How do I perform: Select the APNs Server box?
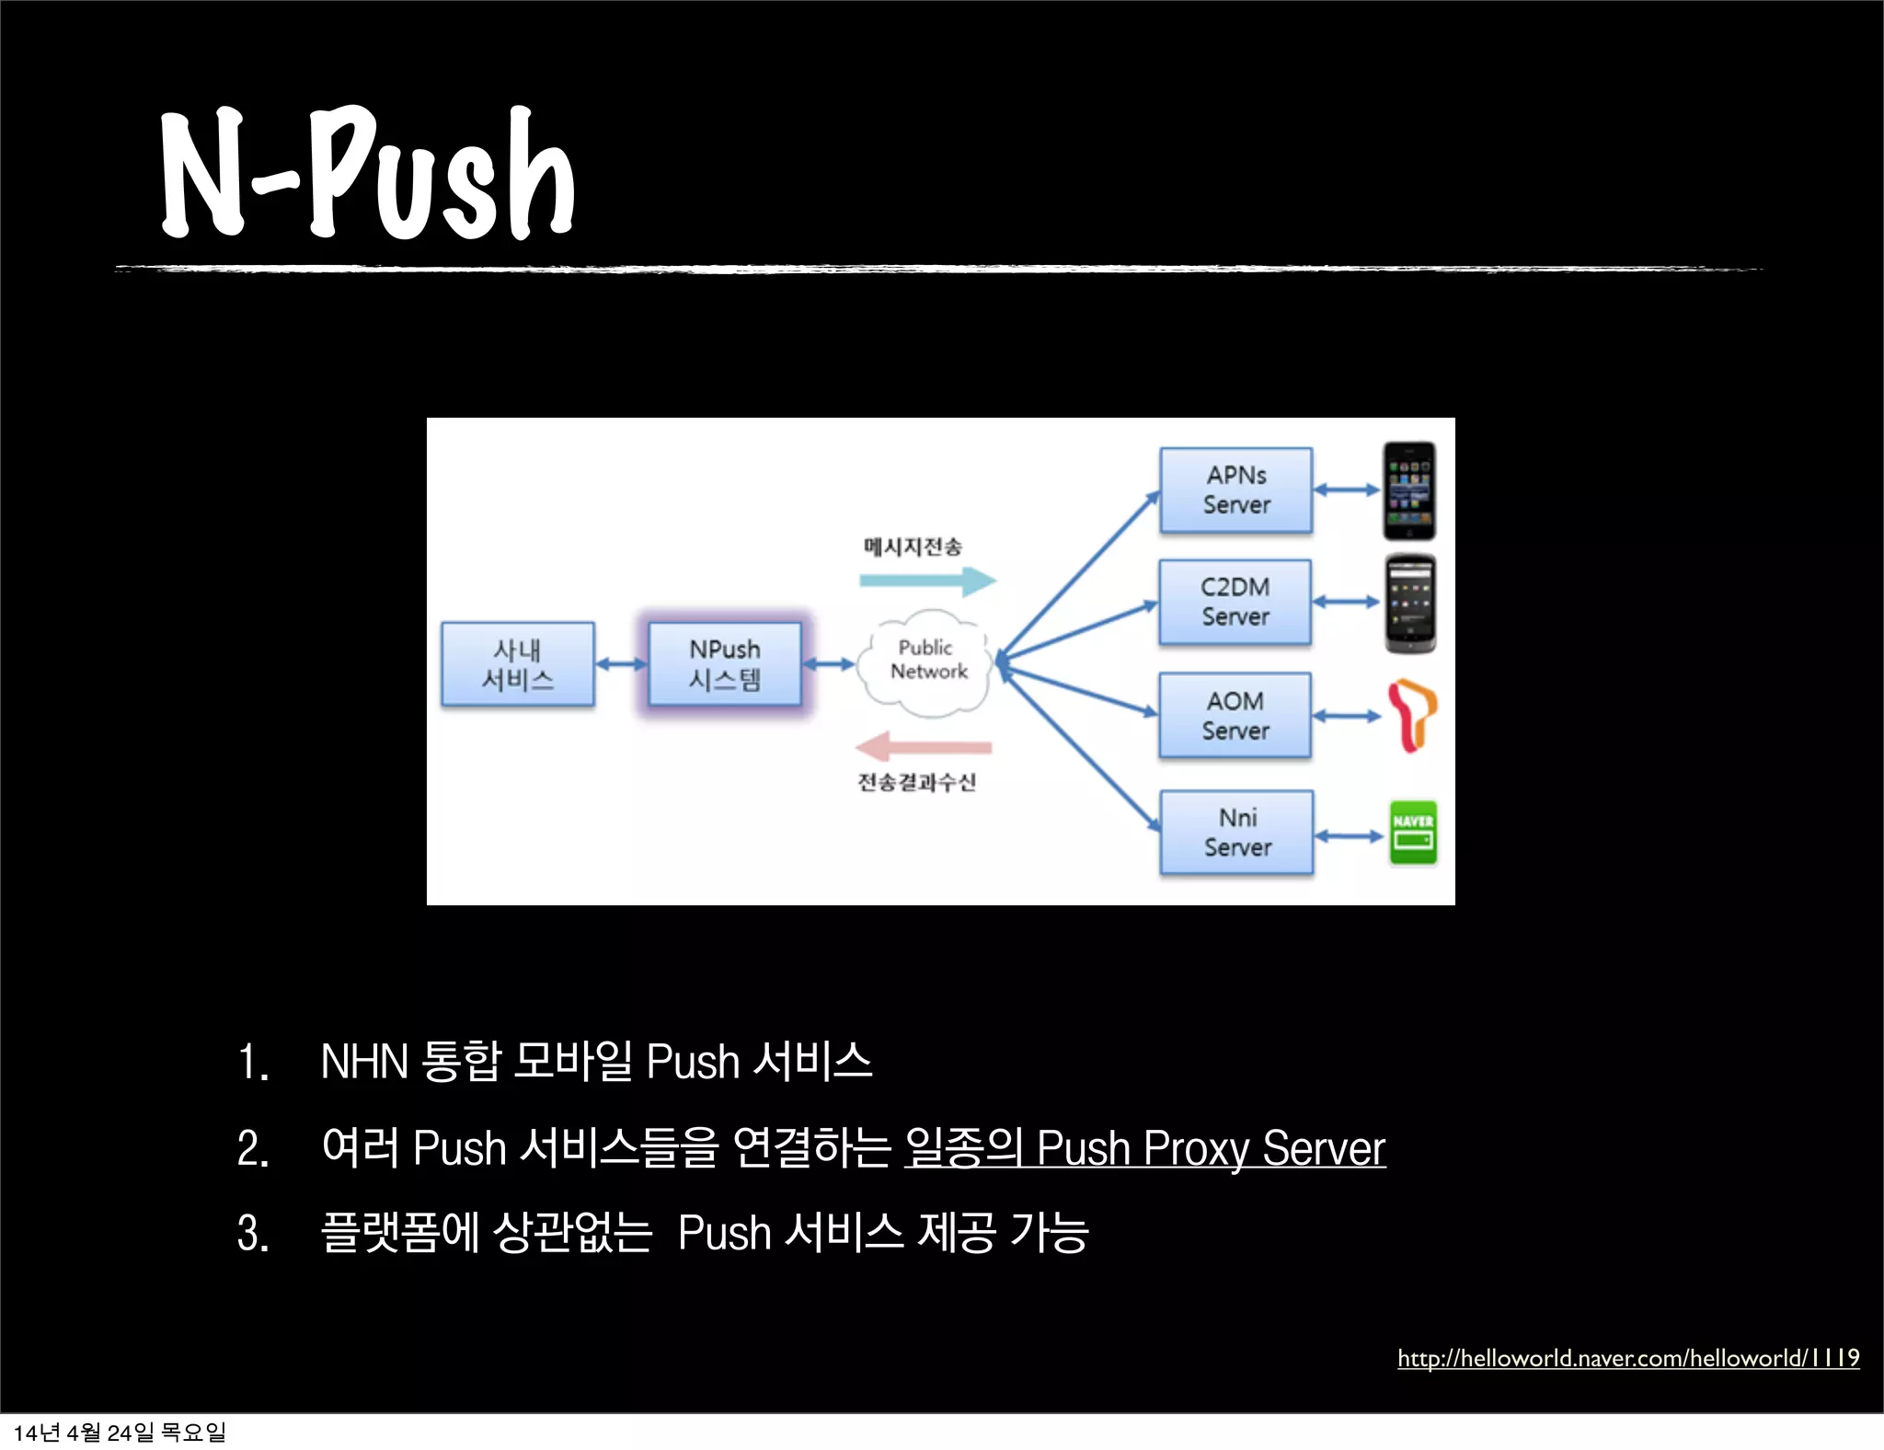click(x=1235, y=490)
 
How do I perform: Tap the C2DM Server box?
click(x=1235, y=602)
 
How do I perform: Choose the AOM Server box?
click(x=1235, y=716)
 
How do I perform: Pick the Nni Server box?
click(x=1237, y=833)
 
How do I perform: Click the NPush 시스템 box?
click(x=725, y=664)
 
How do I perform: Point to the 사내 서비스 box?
click(x=518, y=664)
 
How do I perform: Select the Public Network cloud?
click(x=926, y=661)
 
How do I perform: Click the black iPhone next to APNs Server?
click(x=1409, y=490)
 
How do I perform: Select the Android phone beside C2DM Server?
click(x=1410, y=604)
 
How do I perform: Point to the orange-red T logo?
click(x=1411, y=715)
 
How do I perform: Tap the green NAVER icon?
click(x=1413, y=833)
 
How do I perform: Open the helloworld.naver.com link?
click(x=1627, y=1358)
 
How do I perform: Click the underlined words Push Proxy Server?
click(x=1210, y=1148)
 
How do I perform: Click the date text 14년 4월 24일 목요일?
click(x=120, y=1433)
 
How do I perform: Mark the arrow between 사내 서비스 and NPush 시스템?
click(x=621, y=664)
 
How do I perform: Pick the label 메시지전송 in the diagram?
click(x=913, y=547)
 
